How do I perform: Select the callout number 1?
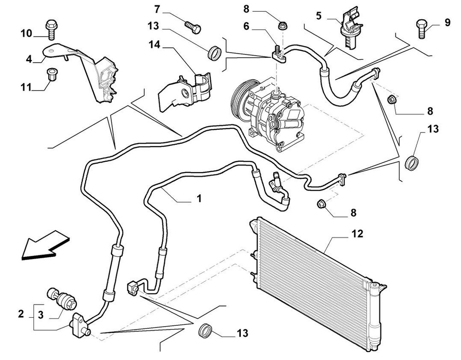pos(199,198)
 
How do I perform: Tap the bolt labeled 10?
pos(50,28)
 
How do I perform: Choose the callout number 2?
pos(20,314)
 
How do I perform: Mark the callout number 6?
pos(246,27)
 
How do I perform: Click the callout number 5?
pos(319,16)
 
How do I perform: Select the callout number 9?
pos(447,22)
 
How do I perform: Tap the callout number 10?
pos(26,33)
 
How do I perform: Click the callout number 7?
pos(157,9)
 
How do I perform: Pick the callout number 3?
pos(41,314)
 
